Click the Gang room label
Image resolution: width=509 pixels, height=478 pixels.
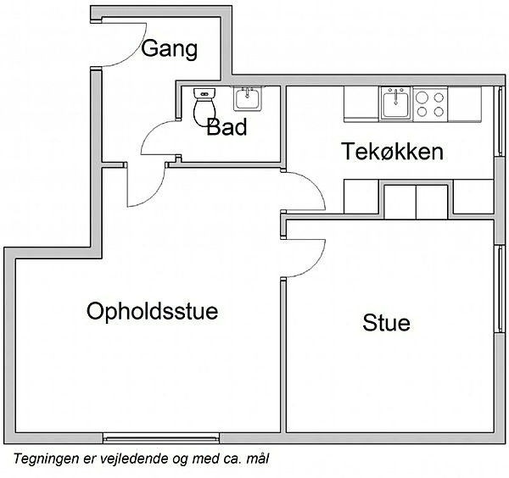pyautogui.click(x=169, y=49)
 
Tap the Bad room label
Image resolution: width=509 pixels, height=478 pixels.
pyautogui.click(x=227, y=127)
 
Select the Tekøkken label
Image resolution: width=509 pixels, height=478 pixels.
pyautogui.click(x=392, y=152)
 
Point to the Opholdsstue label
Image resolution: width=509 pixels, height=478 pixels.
pyautogui.click(x=152, y=311)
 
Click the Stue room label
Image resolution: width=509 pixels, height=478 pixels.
pyautogui.click(x=386, y=323)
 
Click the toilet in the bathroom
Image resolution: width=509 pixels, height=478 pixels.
pyautogui.click(x=204, y=107)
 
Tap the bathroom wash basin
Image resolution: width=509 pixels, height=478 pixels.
pyautogui.click(x=248, y=98)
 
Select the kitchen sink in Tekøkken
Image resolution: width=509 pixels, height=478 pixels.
pyautogui.click(x=395, y=103)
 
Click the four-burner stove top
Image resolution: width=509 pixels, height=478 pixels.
pyautogui.click(x=430, y=104)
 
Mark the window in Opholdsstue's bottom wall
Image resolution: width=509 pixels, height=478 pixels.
pyautogui.click(x=161, y=438)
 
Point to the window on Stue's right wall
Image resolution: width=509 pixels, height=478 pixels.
pyautogui.click(x=500, y=289)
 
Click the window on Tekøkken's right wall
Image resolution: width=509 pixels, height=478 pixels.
pyautogui.click(x=500, y=121)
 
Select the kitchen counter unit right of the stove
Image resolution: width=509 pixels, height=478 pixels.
pyautogui.click(x=465, y=104)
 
